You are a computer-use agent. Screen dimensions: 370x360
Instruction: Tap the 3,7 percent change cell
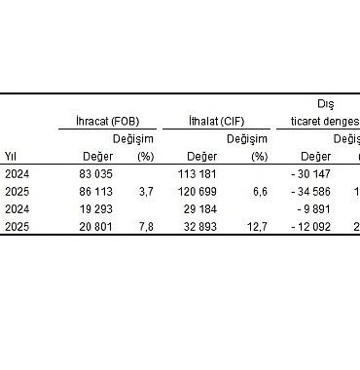pyautogui.click(x=146, y=191)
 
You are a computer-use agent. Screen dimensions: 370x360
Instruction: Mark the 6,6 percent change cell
pyautogui.click(x=260, y=191)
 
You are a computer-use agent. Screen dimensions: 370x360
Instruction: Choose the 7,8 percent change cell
pyautogui.click(x=146, y=226)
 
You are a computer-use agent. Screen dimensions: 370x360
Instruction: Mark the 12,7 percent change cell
pyautogui.click(x=257, y=226)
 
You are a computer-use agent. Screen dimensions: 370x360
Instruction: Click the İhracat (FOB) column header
pyautogui.click(x=98, y=121)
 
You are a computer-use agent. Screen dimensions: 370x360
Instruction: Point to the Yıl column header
pyautogui.click(x=12, y=155)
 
